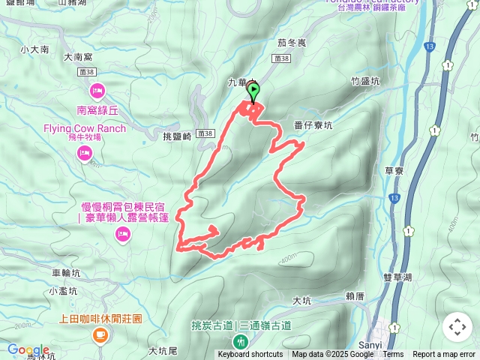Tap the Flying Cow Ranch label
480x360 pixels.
click(84, 128)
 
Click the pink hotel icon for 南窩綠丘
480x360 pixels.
click(97, 91)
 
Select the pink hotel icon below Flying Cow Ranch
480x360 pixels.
click(84, 154)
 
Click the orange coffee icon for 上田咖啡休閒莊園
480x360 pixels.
click(99, 337)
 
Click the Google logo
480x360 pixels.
click(28, 349)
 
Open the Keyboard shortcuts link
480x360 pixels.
click(250, 355)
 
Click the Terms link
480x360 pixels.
click(393, 355)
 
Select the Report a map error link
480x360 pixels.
click(444, 355)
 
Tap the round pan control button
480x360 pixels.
click(457, 327)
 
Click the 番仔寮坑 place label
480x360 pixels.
click(313, 126)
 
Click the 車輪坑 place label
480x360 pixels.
click(67, 274)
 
